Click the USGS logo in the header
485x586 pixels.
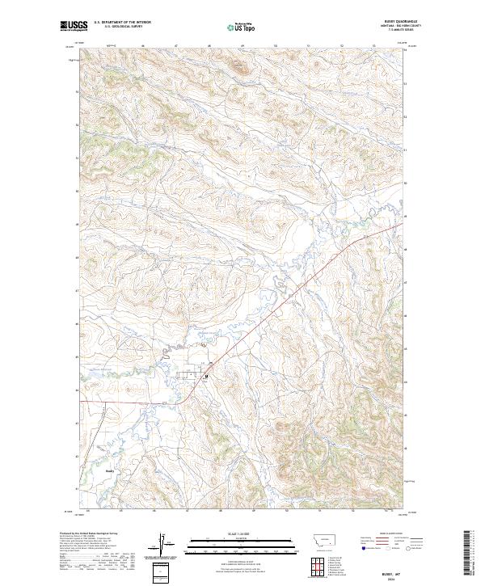click(74, 27)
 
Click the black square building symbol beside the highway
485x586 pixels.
click(206, 376)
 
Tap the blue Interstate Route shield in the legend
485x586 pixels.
click(365, 547)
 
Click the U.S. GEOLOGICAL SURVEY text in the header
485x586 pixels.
click(121, 27)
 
